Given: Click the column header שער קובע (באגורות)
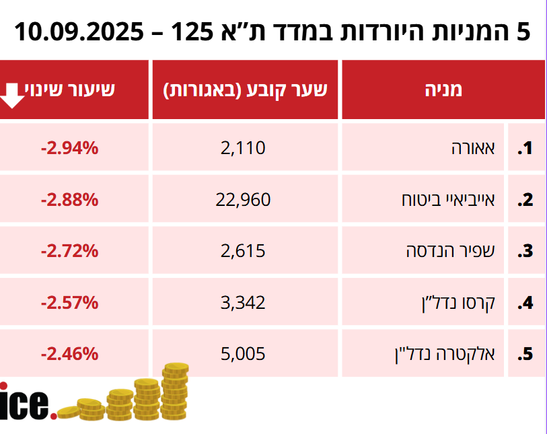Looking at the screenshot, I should tap(246, 90).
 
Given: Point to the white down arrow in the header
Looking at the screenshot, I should tap(12, 94).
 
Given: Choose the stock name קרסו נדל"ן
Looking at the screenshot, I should tap(462, 303).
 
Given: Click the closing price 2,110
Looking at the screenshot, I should tap(243, 147).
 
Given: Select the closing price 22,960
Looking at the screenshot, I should tap(243, 199).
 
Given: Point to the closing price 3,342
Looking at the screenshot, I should tap(243, 303).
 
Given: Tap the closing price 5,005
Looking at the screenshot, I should tap(243, 353).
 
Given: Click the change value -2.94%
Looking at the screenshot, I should tap(70, 147).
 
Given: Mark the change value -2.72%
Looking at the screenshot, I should tap(70, 251).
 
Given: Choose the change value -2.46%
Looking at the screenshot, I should tap(70, 353).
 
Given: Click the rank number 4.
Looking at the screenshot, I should tap(525, 303).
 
